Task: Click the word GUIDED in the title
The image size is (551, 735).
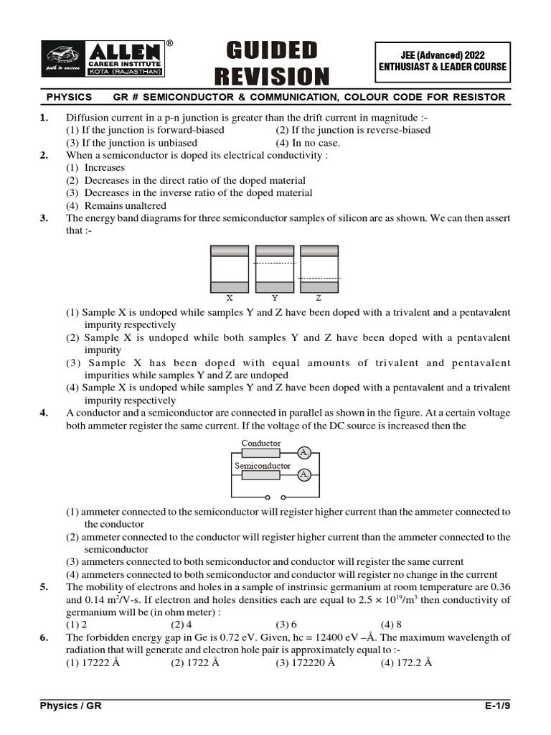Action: (x=271, y=51)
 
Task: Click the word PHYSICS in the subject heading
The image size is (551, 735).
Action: (x=70, y=97)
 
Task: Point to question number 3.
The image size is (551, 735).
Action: (x=44, y=218)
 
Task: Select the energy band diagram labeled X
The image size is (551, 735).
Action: (x=229, y=268)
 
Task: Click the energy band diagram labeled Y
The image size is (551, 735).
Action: (x=275, y=268)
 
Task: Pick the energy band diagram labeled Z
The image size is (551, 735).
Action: (x=319, y=268)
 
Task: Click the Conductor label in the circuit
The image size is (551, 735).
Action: (x=261, y=444)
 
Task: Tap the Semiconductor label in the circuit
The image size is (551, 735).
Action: (x=263, y=466)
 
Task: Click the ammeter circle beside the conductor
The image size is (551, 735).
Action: (x=304, y=453)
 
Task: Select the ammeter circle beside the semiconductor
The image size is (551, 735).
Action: (x=304, y=475)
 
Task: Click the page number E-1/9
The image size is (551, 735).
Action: (x=497, y=706)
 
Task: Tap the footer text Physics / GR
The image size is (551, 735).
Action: (x=70, y=706)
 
